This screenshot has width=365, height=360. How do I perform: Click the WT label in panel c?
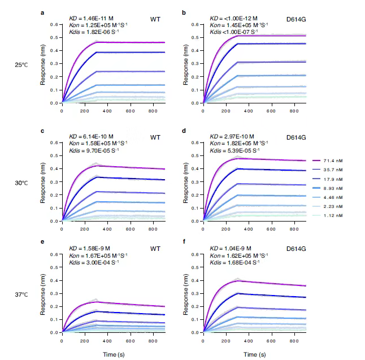pyautogui.click(x=155, y=137)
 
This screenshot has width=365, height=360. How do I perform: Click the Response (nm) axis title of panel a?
pyautogui.click(x=43, y=64)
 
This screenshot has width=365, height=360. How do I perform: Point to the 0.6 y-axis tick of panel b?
pyautogui.click(x=194, y=24)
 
